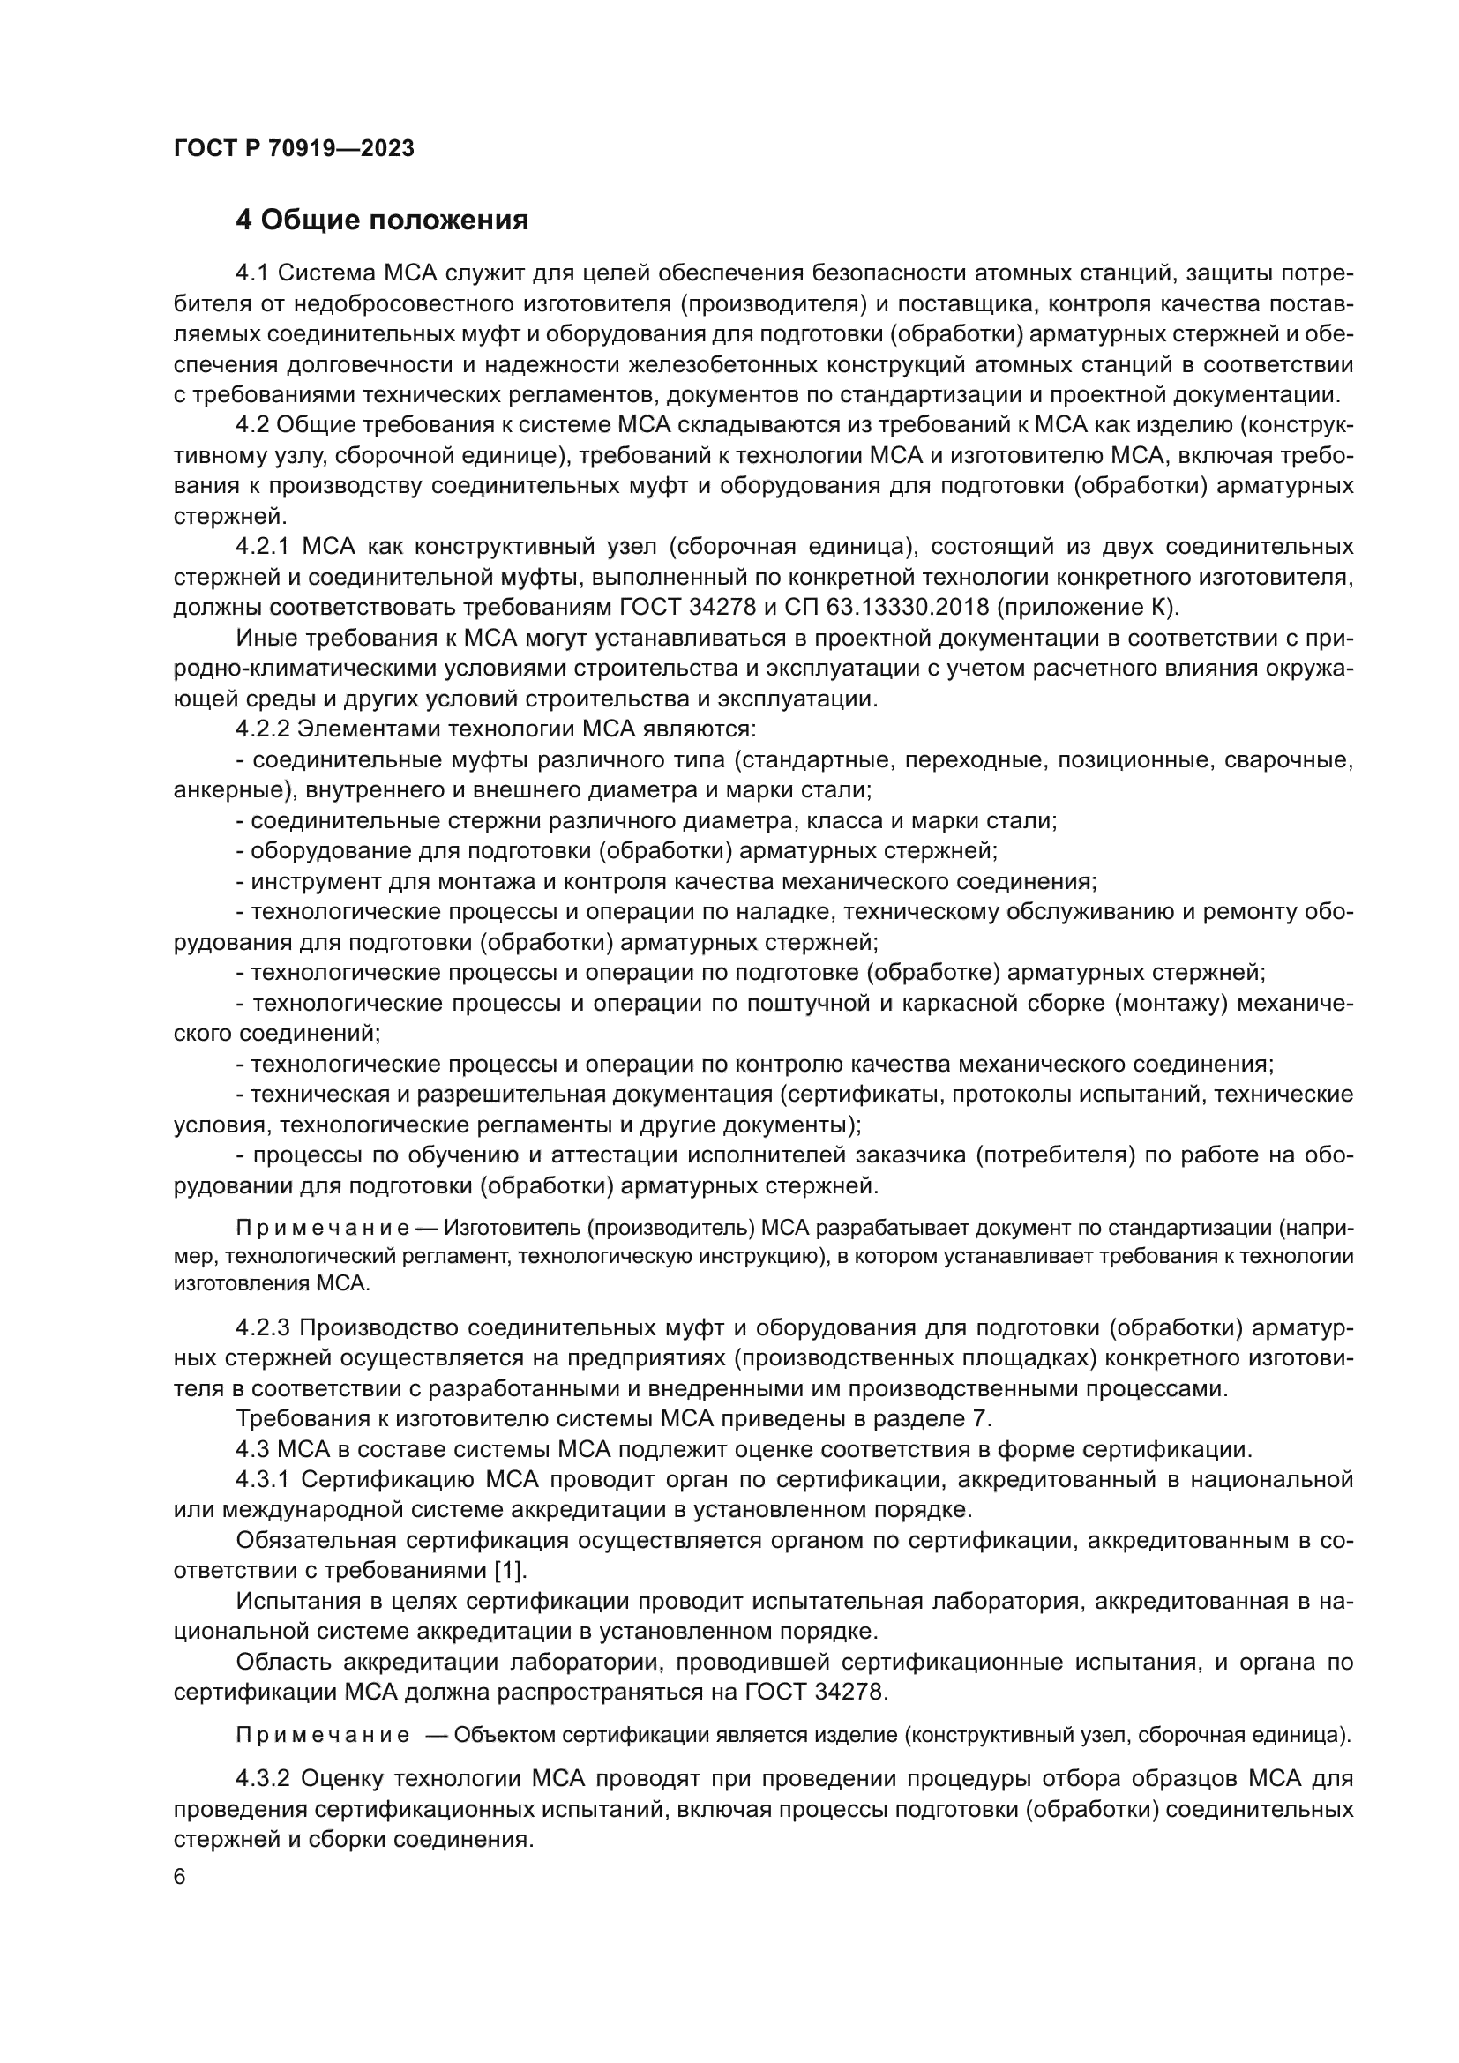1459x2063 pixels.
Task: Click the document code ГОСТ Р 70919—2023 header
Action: (x=294, y=149)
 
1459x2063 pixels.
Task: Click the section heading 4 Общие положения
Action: (x=382, y=220)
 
